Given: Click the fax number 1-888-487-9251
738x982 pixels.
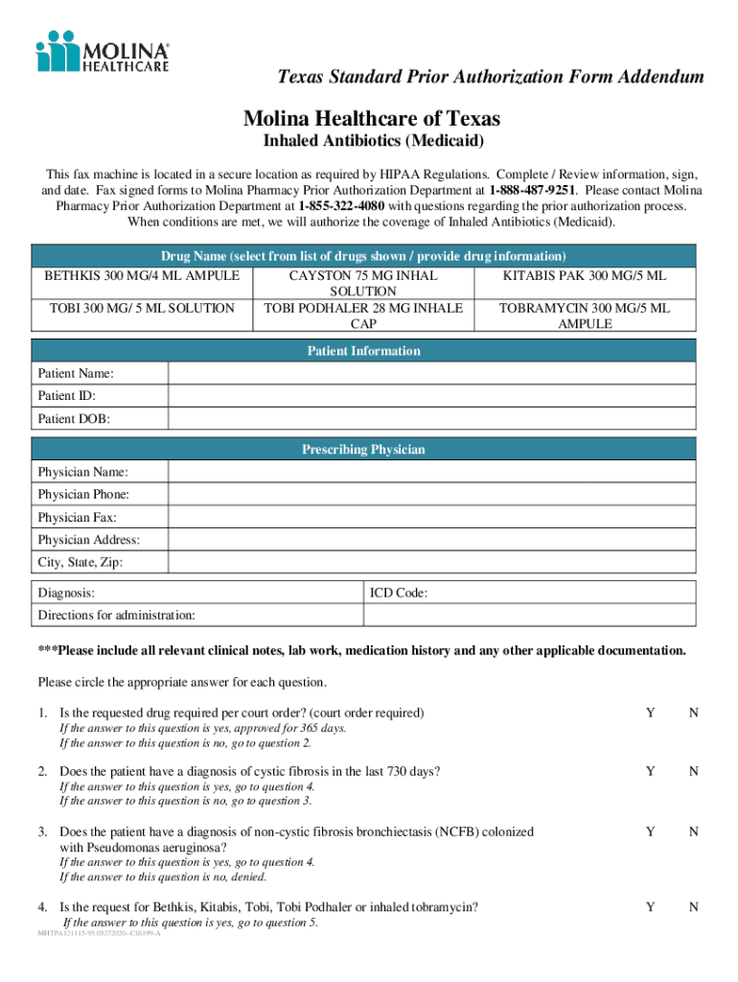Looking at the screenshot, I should [x=532, y=190].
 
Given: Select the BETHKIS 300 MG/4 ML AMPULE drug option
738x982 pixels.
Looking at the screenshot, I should [x=142, y=276].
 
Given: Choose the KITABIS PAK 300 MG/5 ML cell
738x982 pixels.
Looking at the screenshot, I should [x=585, y=276].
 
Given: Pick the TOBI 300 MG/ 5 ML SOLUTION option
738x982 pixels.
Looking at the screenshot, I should [x=142, y=308].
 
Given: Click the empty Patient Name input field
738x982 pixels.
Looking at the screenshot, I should [x=431, y=373].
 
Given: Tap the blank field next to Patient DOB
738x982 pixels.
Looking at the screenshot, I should [x=431, y=419].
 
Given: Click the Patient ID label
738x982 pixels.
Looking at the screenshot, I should [x=67, y=396].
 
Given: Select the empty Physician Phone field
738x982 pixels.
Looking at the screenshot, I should [x=431, y=495].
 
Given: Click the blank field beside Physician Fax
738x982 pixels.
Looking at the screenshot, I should [x=431, y=518].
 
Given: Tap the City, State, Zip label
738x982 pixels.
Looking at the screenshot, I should [x=81, y=563].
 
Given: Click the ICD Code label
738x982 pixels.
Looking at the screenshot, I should [x=399, y=594].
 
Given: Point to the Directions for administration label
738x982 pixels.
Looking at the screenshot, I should [x=116, y=615].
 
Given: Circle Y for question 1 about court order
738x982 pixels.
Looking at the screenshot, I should [x=651, y=713].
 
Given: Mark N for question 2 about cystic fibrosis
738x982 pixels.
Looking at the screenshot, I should [x=693, y=771].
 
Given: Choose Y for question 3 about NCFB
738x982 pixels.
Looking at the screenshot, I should [x=651, y=832].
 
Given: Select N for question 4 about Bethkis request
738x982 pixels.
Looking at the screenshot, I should [x=693, y=906].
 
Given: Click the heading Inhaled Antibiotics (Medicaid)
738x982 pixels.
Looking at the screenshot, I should [x=373, y=142].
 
